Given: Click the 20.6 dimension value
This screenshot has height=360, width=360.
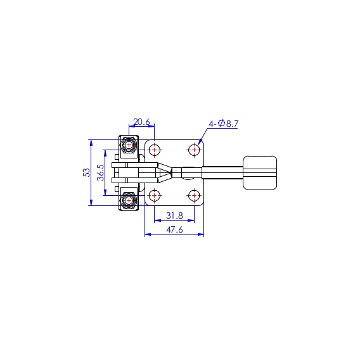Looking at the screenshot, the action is coord(141,122).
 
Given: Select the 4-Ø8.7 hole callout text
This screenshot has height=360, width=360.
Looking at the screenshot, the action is coord(224,124).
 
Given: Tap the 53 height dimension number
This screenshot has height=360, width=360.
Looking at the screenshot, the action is coord(87,172).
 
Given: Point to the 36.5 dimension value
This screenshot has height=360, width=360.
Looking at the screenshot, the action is coord(101,172).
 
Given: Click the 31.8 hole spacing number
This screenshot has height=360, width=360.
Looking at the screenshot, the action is coord(174,215).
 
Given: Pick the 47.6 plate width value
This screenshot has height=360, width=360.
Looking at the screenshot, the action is coord(174,229).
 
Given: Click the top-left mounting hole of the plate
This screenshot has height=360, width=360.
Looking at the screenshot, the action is coord(154,150).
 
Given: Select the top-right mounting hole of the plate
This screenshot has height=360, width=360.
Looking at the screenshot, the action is coord(194,150).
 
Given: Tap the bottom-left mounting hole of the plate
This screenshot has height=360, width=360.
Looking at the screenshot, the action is coord(154,196).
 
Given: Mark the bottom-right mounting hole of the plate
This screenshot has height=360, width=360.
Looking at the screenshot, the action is coord(194,196).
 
